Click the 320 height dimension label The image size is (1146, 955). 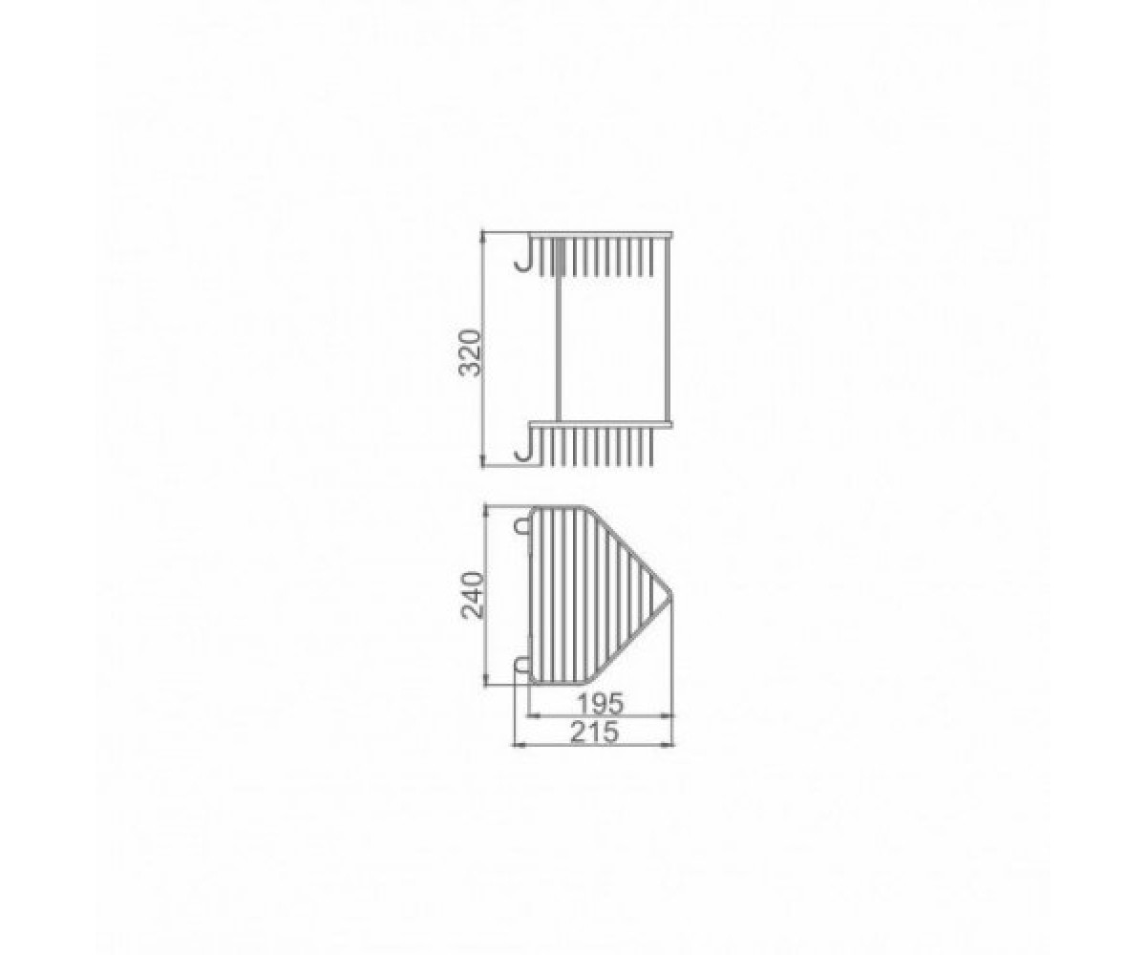point(470,352)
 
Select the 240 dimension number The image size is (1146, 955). point(473,596)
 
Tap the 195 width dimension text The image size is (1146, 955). point(601,703)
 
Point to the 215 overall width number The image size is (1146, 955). point(594,732)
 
